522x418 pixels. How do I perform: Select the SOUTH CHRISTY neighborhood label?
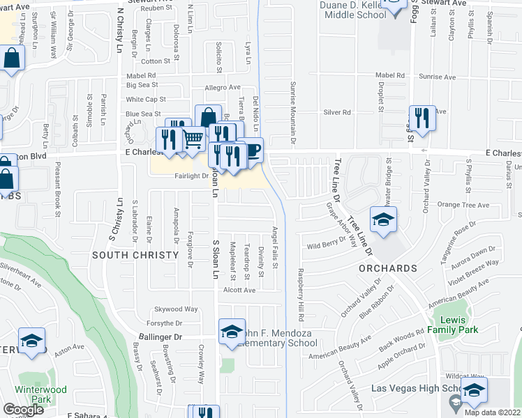[x=135, y=255]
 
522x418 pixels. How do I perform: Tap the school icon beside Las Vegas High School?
[x=475, y=391]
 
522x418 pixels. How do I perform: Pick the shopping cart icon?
[x=193, y=138]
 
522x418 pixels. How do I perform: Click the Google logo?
[x=24, y=410]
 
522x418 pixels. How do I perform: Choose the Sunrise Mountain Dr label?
[x=292, y=111]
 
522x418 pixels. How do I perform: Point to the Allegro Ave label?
[x=222, y=88]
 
